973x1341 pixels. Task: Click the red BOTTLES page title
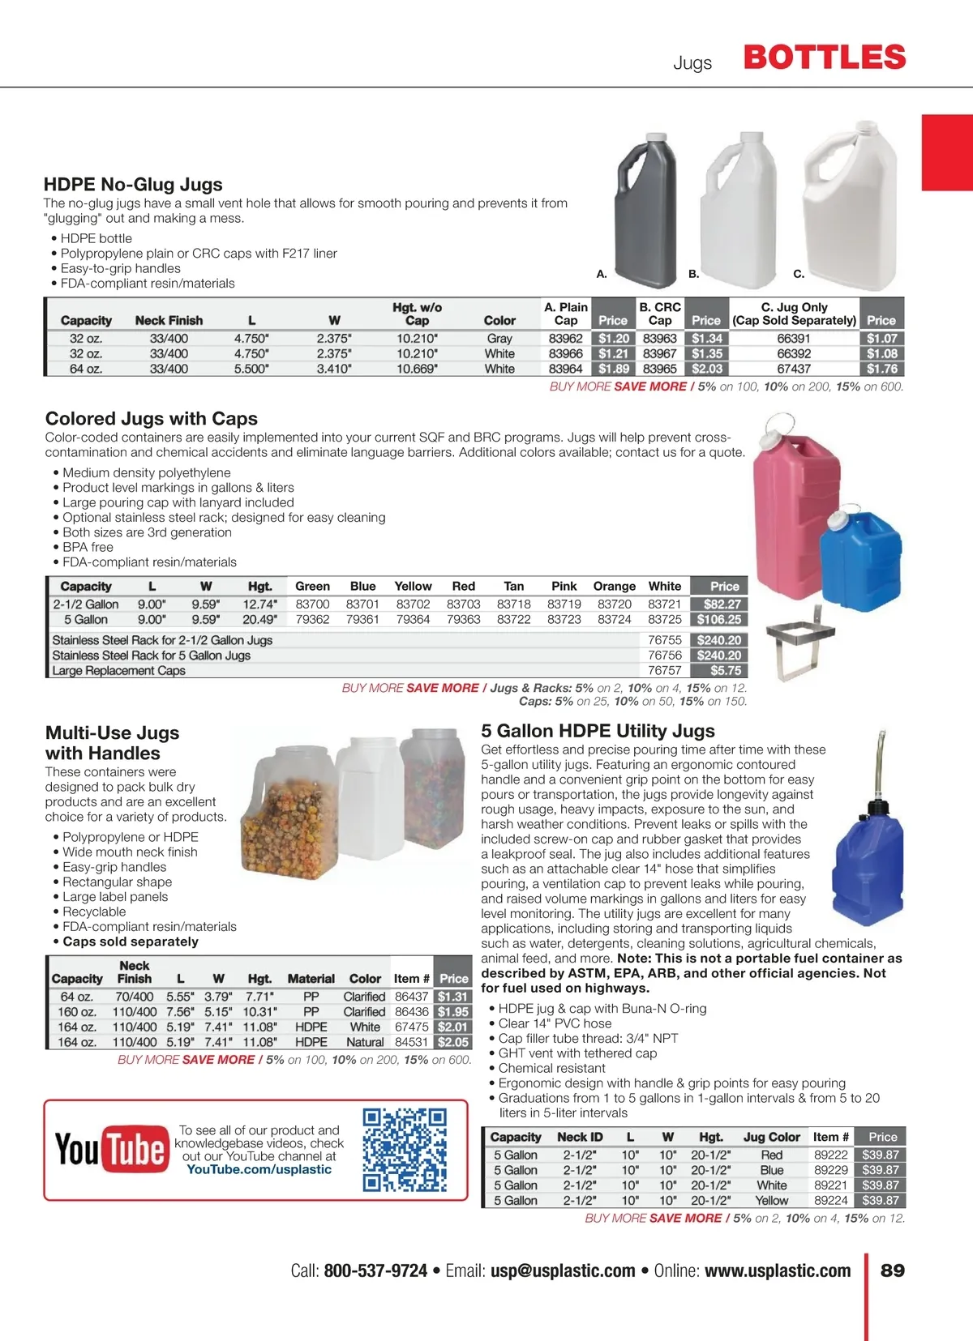[x=825, y=58]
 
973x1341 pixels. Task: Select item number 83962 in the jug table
[x=565, y=339]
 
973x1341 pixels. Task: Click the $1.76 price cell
[x=881, y=369]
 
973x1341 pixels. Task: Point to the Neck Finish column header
[x=169, y=321]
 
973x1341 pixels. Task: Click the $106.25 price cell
[x=718, y=620]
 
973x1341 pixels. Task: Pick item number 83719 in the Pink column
[x=564, y=604]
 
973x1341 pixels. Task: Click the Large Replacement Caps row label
[x=119, y=671]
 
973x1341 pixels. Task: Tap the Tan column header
[x=513, y=587]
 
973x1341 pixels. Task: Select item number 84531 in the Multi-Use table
[x=411, y=1043]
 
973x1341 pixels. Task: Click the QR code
[x=405, y=1150]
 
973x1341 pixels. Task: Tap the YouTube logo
[x=110, y=1149]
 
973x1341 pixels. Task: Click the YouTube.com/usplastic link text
[x=259, y=1170]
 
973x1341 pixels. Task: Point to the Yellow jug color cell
[x=771, y=1201]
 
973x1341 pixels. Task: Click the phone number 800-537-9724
[x=375, y=1271]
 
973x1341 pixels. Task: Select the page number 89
[x=892, y=1271]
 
